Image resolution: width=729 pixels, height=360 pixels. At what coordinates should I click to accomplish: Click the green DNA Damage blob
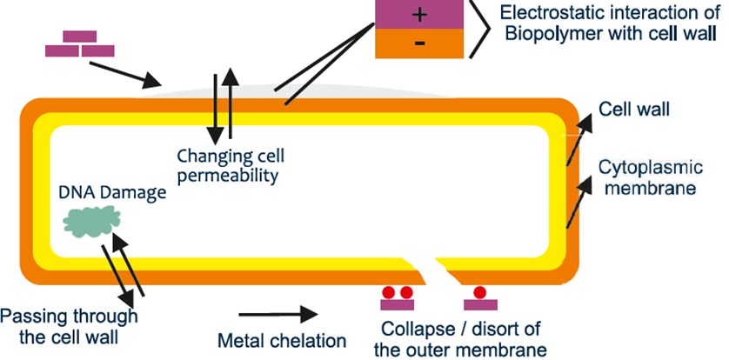coord(90,224)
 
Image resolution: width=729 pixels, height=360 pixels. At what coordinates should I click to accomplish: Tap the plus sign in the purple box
coord(420,15)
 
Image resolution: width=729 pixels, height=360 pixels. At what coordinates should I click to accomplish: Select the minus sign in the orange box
coord(420,43)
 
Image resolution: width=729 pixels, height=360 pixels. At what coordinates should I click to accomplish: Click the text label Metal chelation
coord(281,341)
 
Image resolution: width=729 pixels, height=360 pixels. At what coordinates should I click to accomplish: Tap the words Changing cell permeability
coord(231,165)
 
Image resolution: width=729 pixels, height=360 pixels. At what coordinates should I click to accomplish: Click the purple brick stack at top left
coord(79,44)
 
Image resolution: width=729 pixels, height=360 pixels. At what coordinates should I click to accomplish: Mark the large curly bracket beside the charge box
coord(476,28)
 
